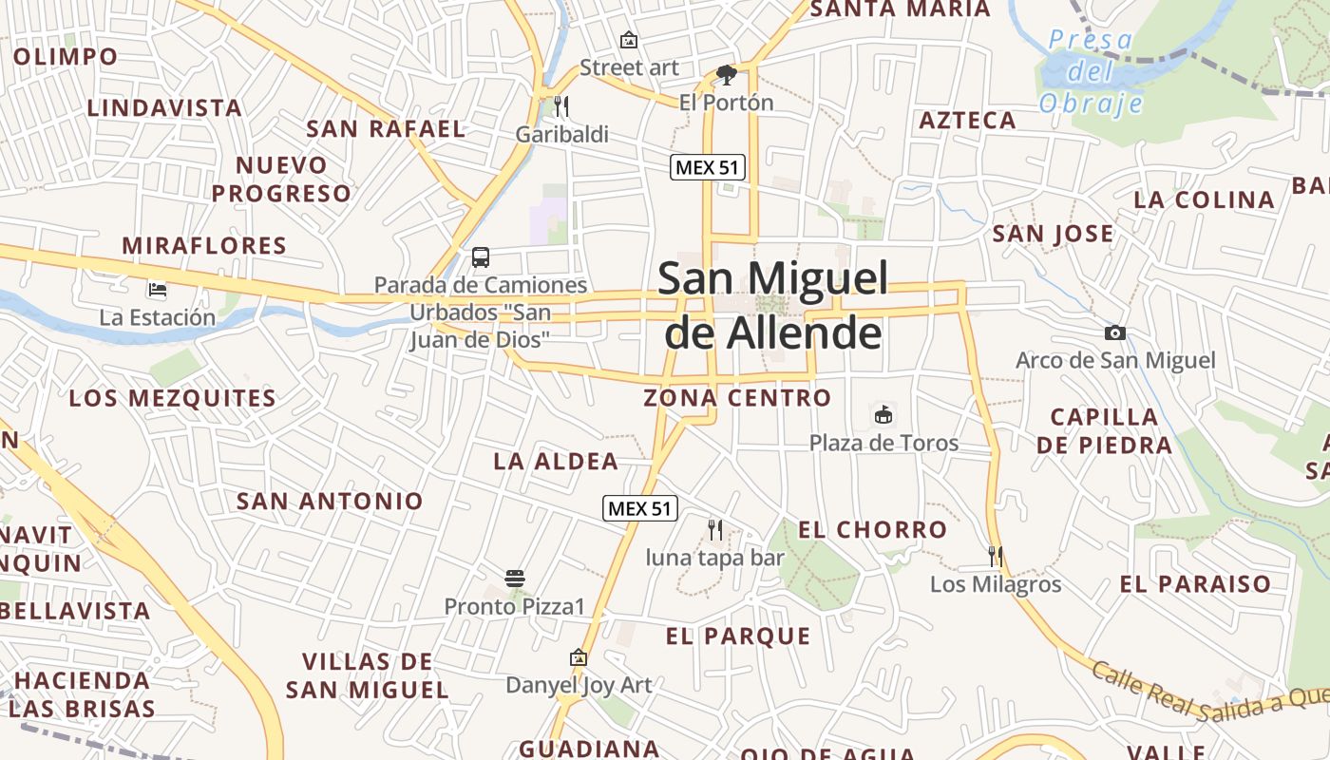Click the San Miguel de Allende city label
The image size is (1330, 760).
click(772, 305)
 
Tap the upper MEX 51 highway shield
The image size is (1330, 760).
click(707, 168)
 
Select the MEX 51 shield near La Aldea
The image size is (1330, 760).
click(640, 508)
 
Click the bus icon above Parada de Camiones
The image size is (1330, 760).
click(481, 256)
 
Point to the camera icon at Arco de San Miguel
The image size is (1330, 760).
click(1115, 332)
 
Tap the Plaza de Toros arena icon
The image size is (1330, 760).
click(883, 414)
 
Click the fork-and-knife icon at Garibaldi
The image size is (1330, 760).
click(561, 105)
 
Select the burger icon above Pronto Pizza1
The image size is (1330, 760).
click(515, 578)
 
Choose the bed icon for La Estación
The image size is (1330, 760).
click(158, 289)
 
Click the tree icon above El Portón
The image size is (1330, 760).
click(727, 74)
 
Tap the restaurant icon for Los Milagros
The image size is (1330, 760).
click(995, 556)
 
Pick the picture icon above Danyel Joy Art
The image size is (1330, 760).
click(578, 657)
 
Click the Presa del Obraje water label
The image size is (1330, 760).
click(1090, 71)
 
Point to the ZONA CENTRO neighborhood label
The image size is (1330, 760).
click(737, 398)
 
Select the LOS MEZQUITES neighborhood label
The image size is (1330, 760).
click(173, 398)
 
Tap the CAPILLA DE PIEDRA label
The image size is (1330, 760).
click(1104, 430)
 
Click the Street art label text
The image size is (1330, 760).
click(629, 67)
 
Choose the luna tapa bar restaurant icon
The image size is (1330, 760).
click(715, 529)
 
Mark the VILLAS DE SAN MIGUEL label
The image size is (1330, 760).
click(367, 675)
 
